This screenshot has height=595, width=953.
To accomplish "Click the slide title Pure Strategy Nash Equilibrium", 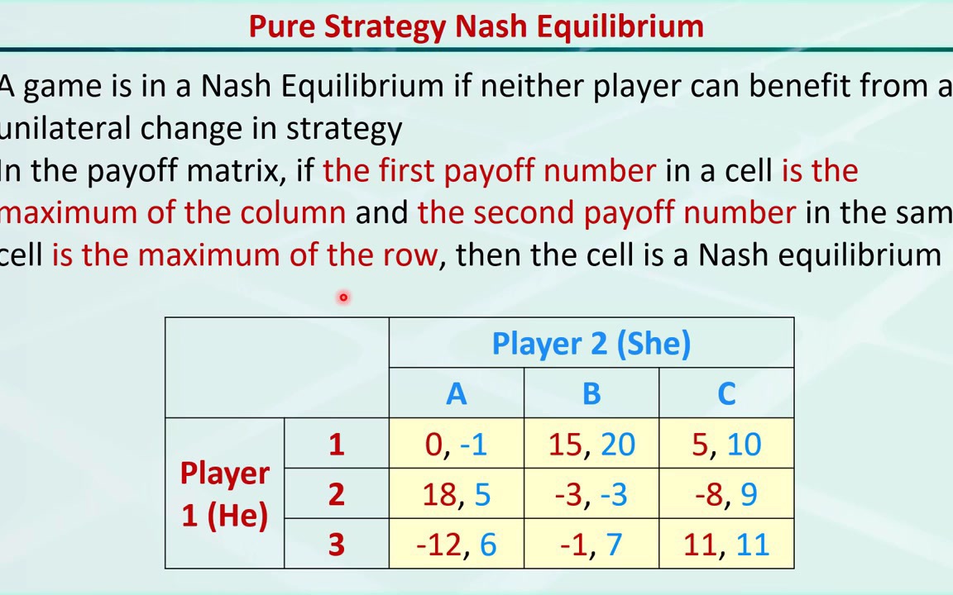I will (476, 26).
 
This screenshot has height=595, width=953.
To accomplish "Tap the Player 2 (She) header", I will (591, 344).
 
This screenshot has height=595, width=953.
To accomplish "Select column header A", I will (456, 394).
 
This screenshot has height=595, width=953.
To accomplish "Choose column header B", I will (591, 394).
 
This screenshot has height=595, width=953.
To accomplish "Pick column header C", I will (726, 394).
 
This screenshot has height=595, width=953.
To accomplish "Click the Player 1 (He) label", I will (224, 494).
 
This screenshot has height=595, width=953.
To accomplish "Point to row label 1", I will (336, 445).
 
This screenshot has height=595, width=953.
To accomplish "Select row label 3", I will (336, 545).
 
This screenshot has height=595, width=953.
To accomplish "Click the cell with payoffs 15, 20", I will (591, 445).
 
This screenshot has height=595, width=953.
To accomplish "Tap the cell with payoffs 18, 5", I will (456, 494).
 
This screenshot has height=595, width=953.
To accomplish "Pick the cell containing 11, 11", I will (726, 545).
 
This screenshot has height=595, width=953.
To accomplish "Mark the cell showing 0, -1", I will (456, 445).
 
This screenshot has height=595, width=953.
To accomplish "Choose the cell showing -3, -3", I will (591, 494).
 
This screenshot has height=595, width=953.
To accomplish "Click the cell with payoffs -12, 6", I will (456, 545).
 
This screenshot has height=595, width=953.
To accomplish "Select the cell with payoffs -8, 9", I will (726, 494).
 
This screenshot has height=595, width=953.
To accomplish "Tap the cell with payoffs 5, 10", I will (726, 445).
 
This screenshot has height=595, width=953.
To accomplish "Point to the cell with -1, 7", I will (591, 545).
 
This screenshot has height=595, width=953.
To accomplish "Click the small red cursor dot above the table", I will (342, 297).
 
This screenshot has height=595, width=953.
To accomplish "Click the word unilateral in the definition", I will (66, 129).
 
